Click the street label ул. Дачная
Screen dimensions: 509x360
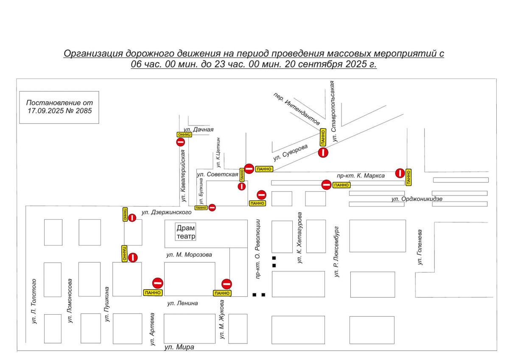click(199, 130)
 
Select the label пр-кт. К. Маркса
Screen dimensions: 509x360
click(361, 176)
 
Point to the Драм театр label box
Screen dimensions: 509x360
click(186, 232)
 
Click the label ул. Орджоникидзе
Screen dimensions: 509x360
click(417, 198)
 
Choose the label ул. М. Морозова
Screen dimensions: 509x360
click(189, 254)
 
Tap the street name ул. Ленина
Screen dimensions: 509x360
click(182, 303)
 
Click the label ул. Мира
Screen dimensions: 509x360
click(179, 347)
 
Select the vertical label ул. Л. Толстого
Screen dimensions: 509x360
click(34, 301)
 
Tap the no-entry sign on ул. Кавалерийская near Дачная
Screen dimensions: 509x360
click(180, 142)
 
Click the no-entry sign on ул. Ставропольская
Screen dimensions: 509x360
click(323, 152)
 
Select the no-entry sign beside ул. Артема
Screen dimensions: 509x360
click(158, 283)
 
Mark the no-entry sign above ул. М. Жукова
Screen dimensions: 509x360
click(227, 284)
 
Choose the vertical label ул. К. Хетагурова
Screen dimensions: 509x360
click(300, 238)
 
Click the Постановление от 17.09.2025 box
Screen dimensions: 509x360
click(59, 107)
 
